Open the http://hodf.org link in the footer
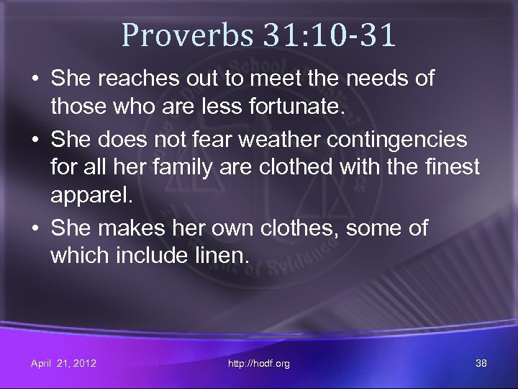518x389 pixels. pyautogui.click(x=258, y=364)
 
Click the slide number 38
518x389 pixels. pyautogui.click(x=481, y=363)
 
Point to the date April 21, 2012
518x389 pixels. pyautogui.click(x=63, y=363)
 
